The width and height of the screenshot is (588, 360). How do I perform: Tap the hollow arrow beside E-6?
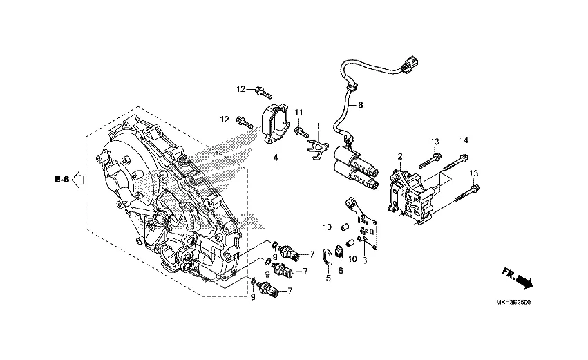[78, 180]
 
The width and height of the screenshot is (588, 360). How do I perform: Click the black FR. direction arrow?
[524, 281]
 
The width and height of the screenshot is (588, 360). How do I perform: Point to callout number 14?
[464, 140]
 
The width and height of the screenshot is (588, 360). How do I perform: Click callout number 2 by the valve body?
[400, 157]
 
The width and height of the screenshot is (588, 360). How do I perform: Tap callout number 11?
[299, 113]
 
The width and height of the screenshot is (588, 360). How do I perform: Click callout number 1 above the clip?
[319, 126]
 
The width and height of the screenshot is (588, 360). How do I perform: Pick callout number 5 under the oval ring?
[328, 278]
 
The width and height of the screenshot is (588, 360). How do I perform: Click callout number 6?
[341, 270]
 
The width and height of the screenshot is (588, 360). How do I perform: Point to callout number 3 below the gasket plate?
[364, 259]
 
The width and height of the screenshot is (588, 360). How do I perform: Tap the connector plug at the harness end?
[409, 69]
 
